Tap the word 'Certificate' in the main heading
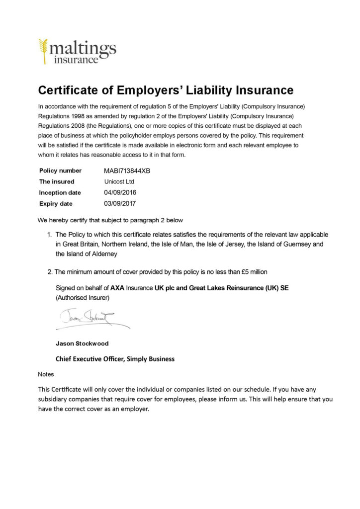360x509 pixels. (x=70, y=90)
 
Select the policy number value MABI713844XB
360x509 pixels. (x=127, y=170)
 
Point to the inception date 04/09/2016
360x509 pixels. (x=120, y=192)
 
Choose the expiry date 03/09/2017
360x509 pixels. (x=120, y=203)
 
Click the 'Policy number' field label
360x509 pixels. (x=60, y=170)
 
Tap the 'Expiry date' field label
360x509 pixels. (x=56, y=203)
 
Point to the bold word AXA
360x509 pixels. (x=117, y=288)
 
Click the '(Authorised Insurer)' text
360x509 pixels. (x=82, y=297)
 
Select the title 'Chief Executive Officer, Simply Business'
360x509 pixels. (x=115, y=358)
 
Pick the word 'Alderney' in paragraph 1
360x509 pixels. (x=104, y=254)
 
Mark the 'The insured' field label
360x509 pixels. (x=57, y=181)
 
